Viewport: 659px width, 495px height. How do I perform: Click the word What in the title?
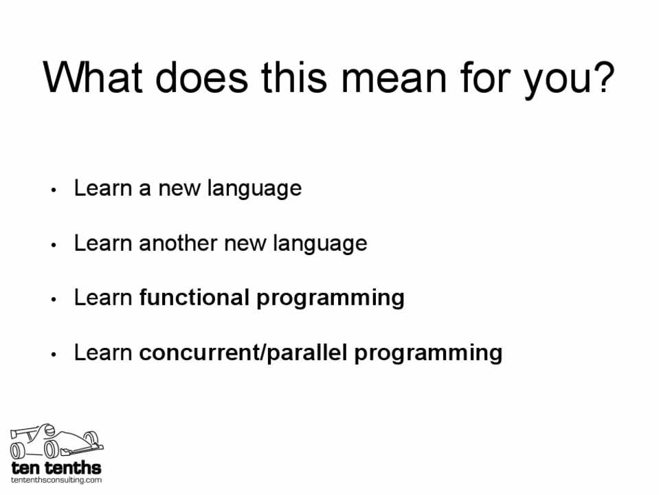point(93,78)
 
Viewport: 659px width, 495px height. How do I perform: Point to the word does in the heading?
point(202,78)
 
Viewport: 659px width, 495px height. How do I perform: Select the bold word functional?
point(194,297)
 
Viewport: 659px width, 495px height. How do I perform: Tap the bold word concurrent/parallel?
point(243,352)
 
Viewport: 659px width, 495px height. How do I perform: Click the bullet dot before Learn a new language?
point(54,190)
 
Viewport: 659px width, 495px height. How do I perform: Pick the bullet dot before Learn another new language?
point(54,245)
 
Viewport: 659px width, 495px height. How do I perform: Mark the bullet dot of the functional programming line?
point(54,300)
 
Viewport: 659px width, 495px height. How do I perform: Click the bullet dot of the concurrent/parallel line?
point(54,354)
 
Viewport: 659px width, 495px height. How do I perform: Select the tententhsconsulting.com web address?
point(56,480)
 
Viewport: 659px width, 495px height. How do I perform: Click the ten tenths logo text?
point(56,467)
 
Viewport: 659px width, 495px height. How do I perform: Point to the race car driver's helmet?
point(49,430)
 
